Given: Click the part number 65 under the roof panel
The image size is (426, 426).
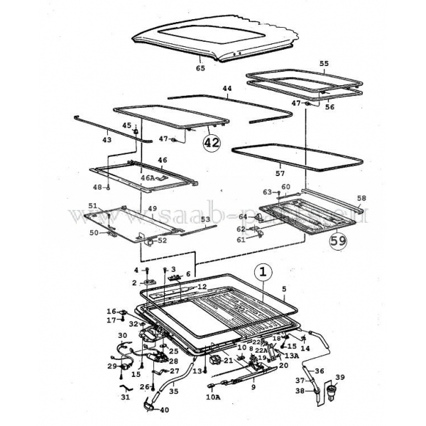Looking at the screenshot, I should coord(200,68).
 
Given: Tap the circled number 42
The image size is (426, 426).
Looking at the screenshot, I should coord(212,143).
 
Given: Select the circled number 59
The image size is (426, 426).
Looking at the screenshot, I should coord(338,241).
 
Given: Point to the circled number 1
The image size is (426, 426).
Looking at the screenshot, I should coord(262,272).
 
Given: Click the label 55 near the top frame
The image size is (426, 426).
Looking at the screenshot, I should coord(324,63).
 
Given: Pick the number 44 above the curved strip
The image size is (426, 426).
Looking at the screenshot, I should coord(227,89).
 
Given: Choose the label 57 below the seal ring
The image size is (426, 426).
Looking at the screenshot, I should coord(280,173).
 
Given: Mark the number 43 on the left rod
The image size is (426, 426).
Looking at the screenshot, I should coord(107,140).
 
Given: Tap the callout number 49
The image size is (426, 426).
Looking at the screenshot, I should coord(152,209).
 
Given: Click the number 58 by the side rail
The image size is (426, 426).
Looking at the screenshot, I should coord(361,198).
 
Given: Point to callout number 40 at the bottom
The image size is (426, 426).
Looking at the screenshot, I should coord(164,410).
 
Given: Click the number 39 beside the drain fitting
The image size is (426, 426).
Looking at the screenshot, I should coord(339,376).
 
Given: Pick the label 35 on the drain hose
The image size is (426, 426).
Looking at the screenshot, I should coord(173,390).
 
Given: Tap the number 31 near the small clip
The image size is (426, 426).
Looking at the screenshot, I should coord(126,397).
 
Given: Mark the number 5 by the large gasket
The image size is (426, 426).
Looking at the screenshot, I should coord(284,289).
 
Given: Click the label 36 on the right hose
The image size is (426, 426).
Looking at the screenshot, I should coord(319,371).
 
